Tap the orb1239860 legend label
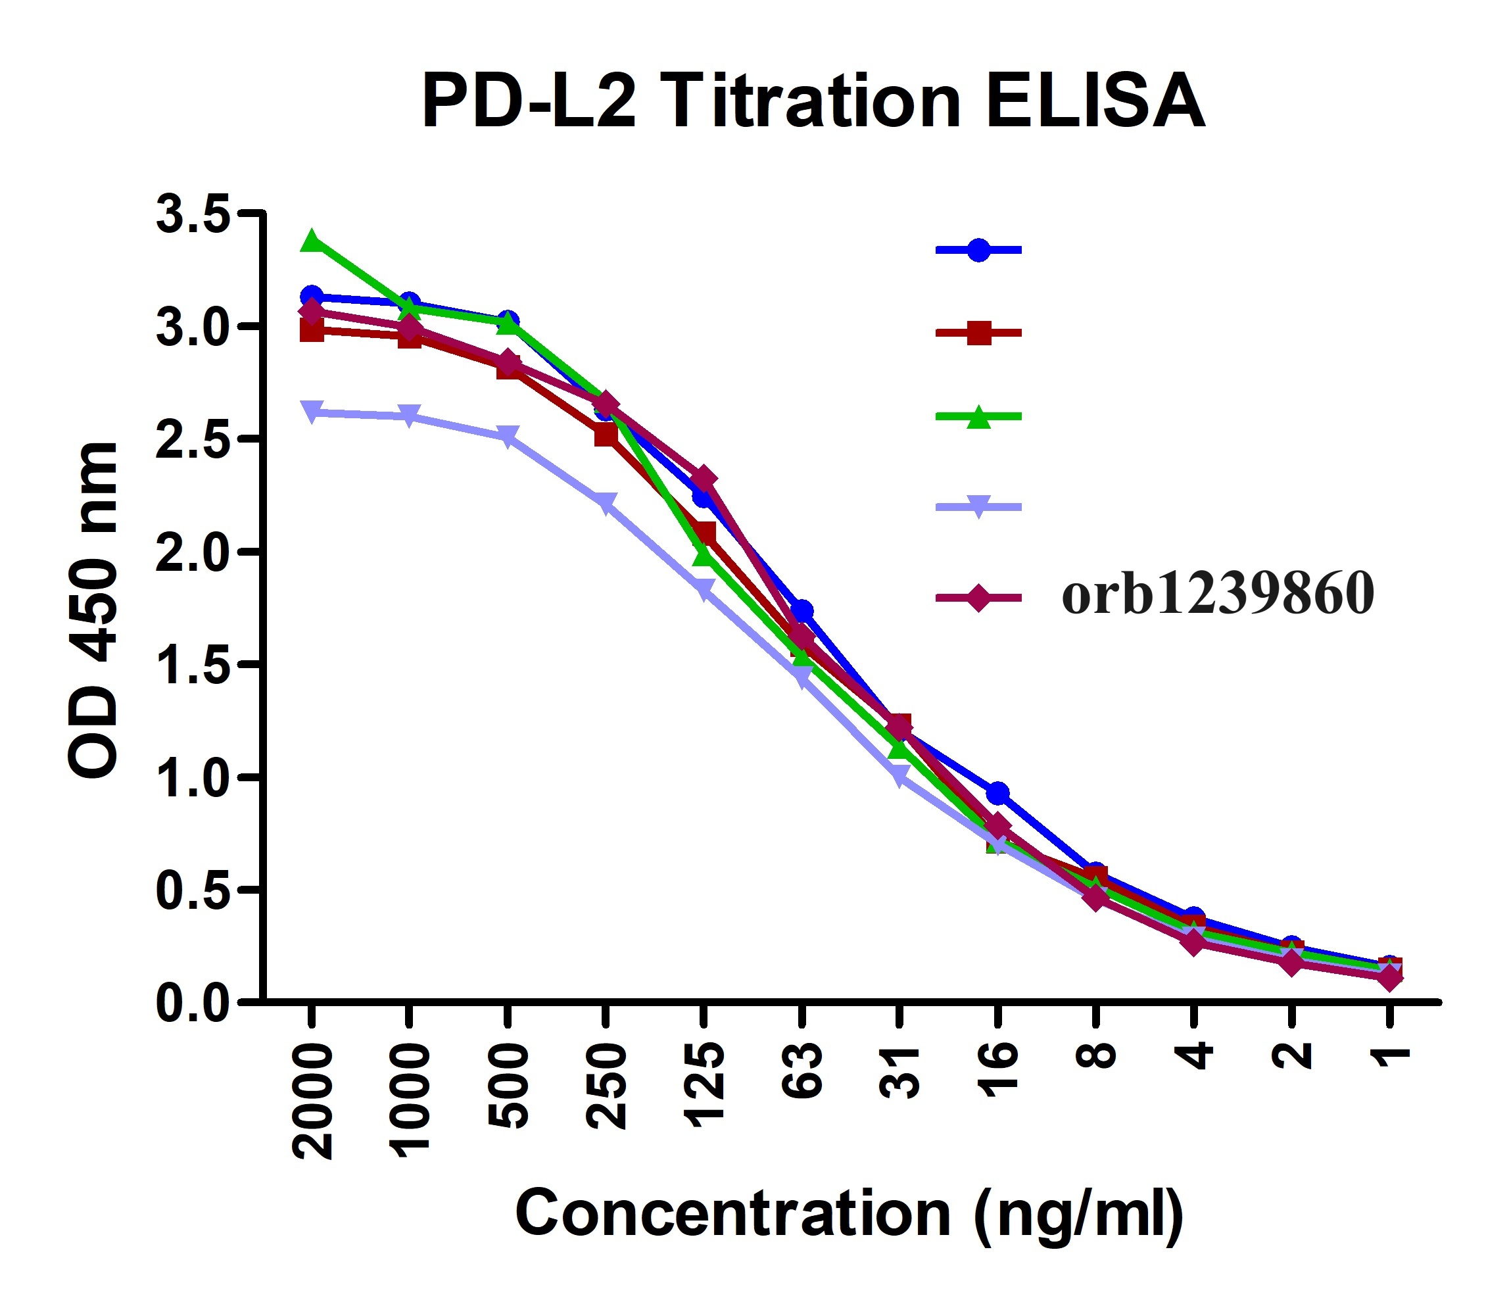(x=1218, y=594)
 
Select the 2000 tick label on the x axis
(x=312, y=1100)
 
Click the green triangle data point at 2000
(x=312, y=240)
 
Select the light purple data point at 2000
(x=312, y=412)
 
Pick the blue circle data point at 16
(x=997, y=792)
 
